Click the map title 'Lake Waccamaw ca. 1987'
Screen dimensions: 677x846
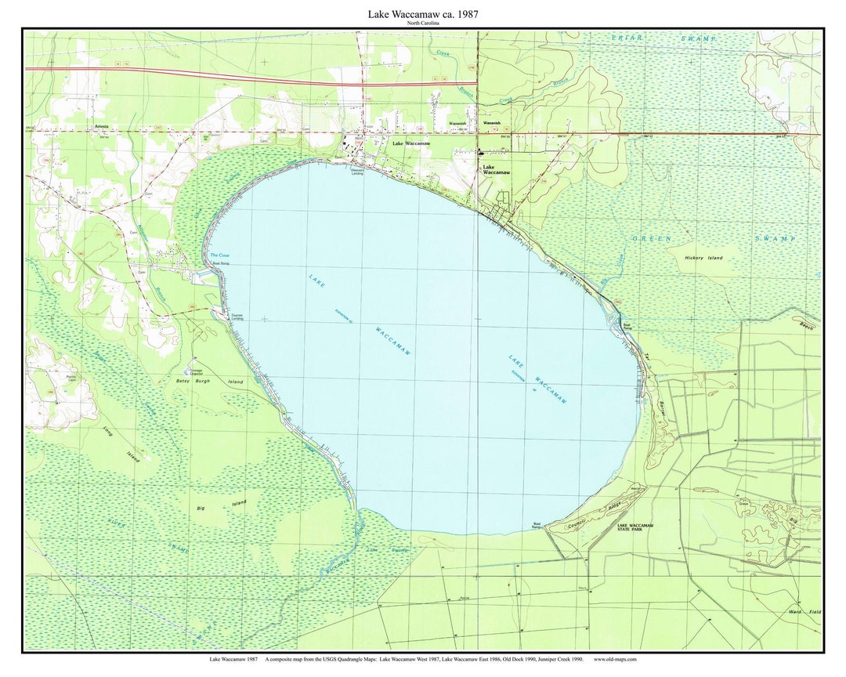(423, 14)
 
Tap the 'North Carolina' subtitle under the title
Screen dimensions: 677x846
(423, 24)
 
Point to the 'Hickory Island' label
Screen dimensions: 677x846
(703, 257)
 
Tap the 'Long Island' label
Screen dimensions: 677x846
(121, 443)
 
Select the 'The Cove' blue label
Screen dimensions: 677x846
(219, 255)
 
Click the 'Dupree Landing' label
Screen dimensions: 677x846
(236, 317)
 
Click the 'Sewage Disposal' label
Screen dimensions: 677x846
(193, 372)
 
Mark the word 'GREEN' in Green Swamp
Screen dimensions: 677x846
(652, 238)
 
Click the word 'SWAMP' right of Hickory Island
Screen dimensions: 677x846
(775, 238)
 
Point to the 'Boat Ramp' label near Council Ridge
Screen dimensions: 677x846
(537, 526)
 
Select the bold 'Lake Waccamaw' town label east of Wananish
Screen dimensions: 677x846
(495, 169)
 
